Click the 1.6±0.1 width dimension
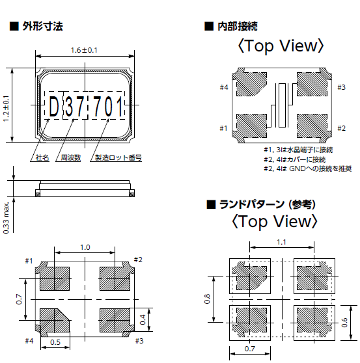pyautogui.click(x=84, y=51)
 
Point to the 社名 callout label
pyautogui.click(x=42, y=158)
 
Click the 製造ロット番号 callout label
pyautogui.click(x=118, y=158)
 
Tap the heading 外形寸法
pyautogui.click(x=42, y=27)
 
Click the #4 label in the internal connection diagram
pyautogui.click(x=223, y=87)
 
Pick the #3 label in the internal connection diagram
pyautogui.click(x=341, y=87)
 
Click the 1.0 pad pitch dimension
pyautogui.click(x=85, y=247)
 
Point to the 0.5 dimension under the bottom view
pyautogui.click(x=56, y=342)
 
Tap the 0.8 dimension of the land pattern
pyautogui.click(x=207, y=300)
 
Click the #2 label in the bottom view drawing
pyautogui.click(x=138, y=260)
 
